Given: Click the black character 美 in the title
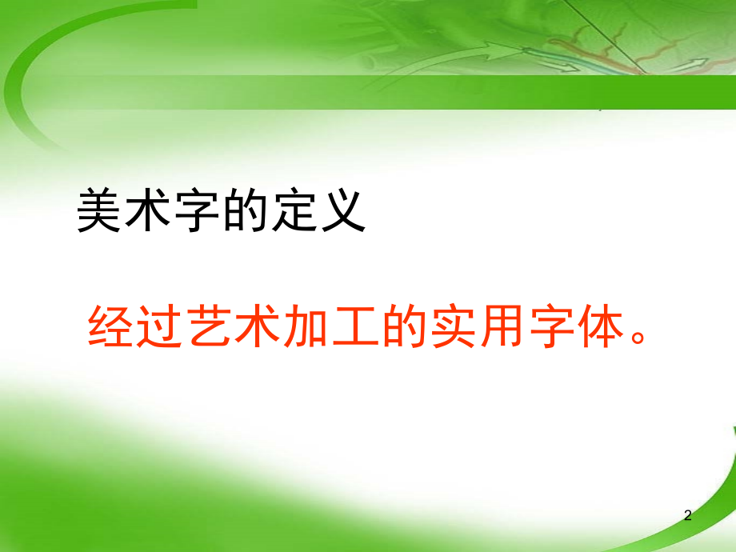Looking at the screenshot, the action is [99, 210].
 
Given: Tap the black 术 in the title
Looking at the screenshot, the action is [148, 210].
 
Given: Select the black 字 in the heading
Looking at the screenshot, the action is [197, 210].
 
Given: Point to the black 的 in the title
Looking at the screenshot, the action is [245, 210].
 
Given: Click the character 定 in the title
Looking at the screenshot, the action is [294, 210].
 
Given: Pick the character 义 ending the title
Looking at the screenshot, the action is [343, 210].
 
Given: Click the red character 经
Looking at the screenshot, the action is [110, 326].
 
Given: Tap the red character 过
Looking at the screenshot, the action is [159, 326].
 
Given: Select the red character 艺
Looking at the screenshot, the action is [209, 326].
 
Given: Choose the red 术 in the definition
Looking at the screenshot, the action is [258, 326].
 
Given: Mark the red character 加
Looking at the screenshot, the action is [306, 326].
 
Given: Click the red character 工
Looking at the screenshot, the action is [356, 326].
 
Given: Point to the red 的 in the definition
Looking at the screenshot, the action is [404, 326].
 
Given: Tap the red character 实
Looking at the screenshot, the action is [454, 326].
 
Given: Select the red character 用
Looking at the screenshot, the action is [502, 326].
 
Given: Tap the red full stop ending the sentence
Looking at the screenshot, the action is [638, 337].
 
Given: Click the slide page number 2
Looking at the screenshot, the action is [688, 515].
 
